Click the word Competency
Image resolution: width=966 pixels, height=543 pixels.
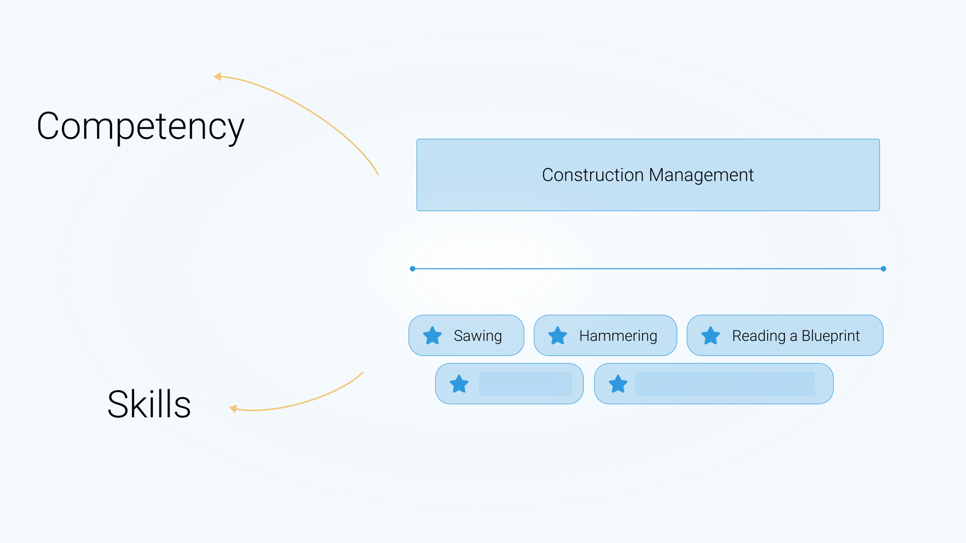coord(140,127)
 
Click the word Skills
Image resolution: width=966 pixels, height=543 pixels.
coord(149,404)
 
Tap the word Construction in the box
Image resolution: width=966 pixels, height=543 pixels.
coord(593,175)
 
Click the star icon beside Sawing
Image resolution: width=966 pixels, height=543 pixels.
coord(432,335)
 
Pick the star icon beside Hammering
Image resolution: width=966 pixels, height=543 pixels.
coord(557,335)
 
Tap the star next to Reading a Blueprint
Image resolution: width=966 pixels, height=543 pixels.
coord(710,335)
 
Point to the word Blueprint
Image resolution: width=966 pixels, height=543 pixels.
coord(831,336)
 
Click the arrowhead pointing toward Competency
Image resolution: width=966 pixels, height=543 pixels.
coord(217,76)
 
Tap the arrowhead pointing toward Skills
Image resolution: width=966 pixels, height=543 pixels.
coord(233,409)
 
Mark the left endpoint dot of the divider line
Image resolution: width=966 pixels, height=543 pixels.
coord(413,269)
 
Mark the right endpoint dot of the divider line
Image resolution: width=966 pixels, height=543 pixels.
coord(883,269)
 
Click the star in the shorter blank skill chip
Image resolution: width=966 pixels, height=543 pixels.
coord(459,384)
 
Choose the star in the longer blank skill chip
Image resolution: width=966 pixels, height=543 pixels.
coord(618,384)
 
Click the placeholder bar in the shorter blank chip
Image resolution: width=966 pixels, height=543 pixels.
coord(525,384)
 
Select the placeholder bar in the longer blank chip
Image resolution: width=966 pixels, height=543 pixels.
coord(725,384)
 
